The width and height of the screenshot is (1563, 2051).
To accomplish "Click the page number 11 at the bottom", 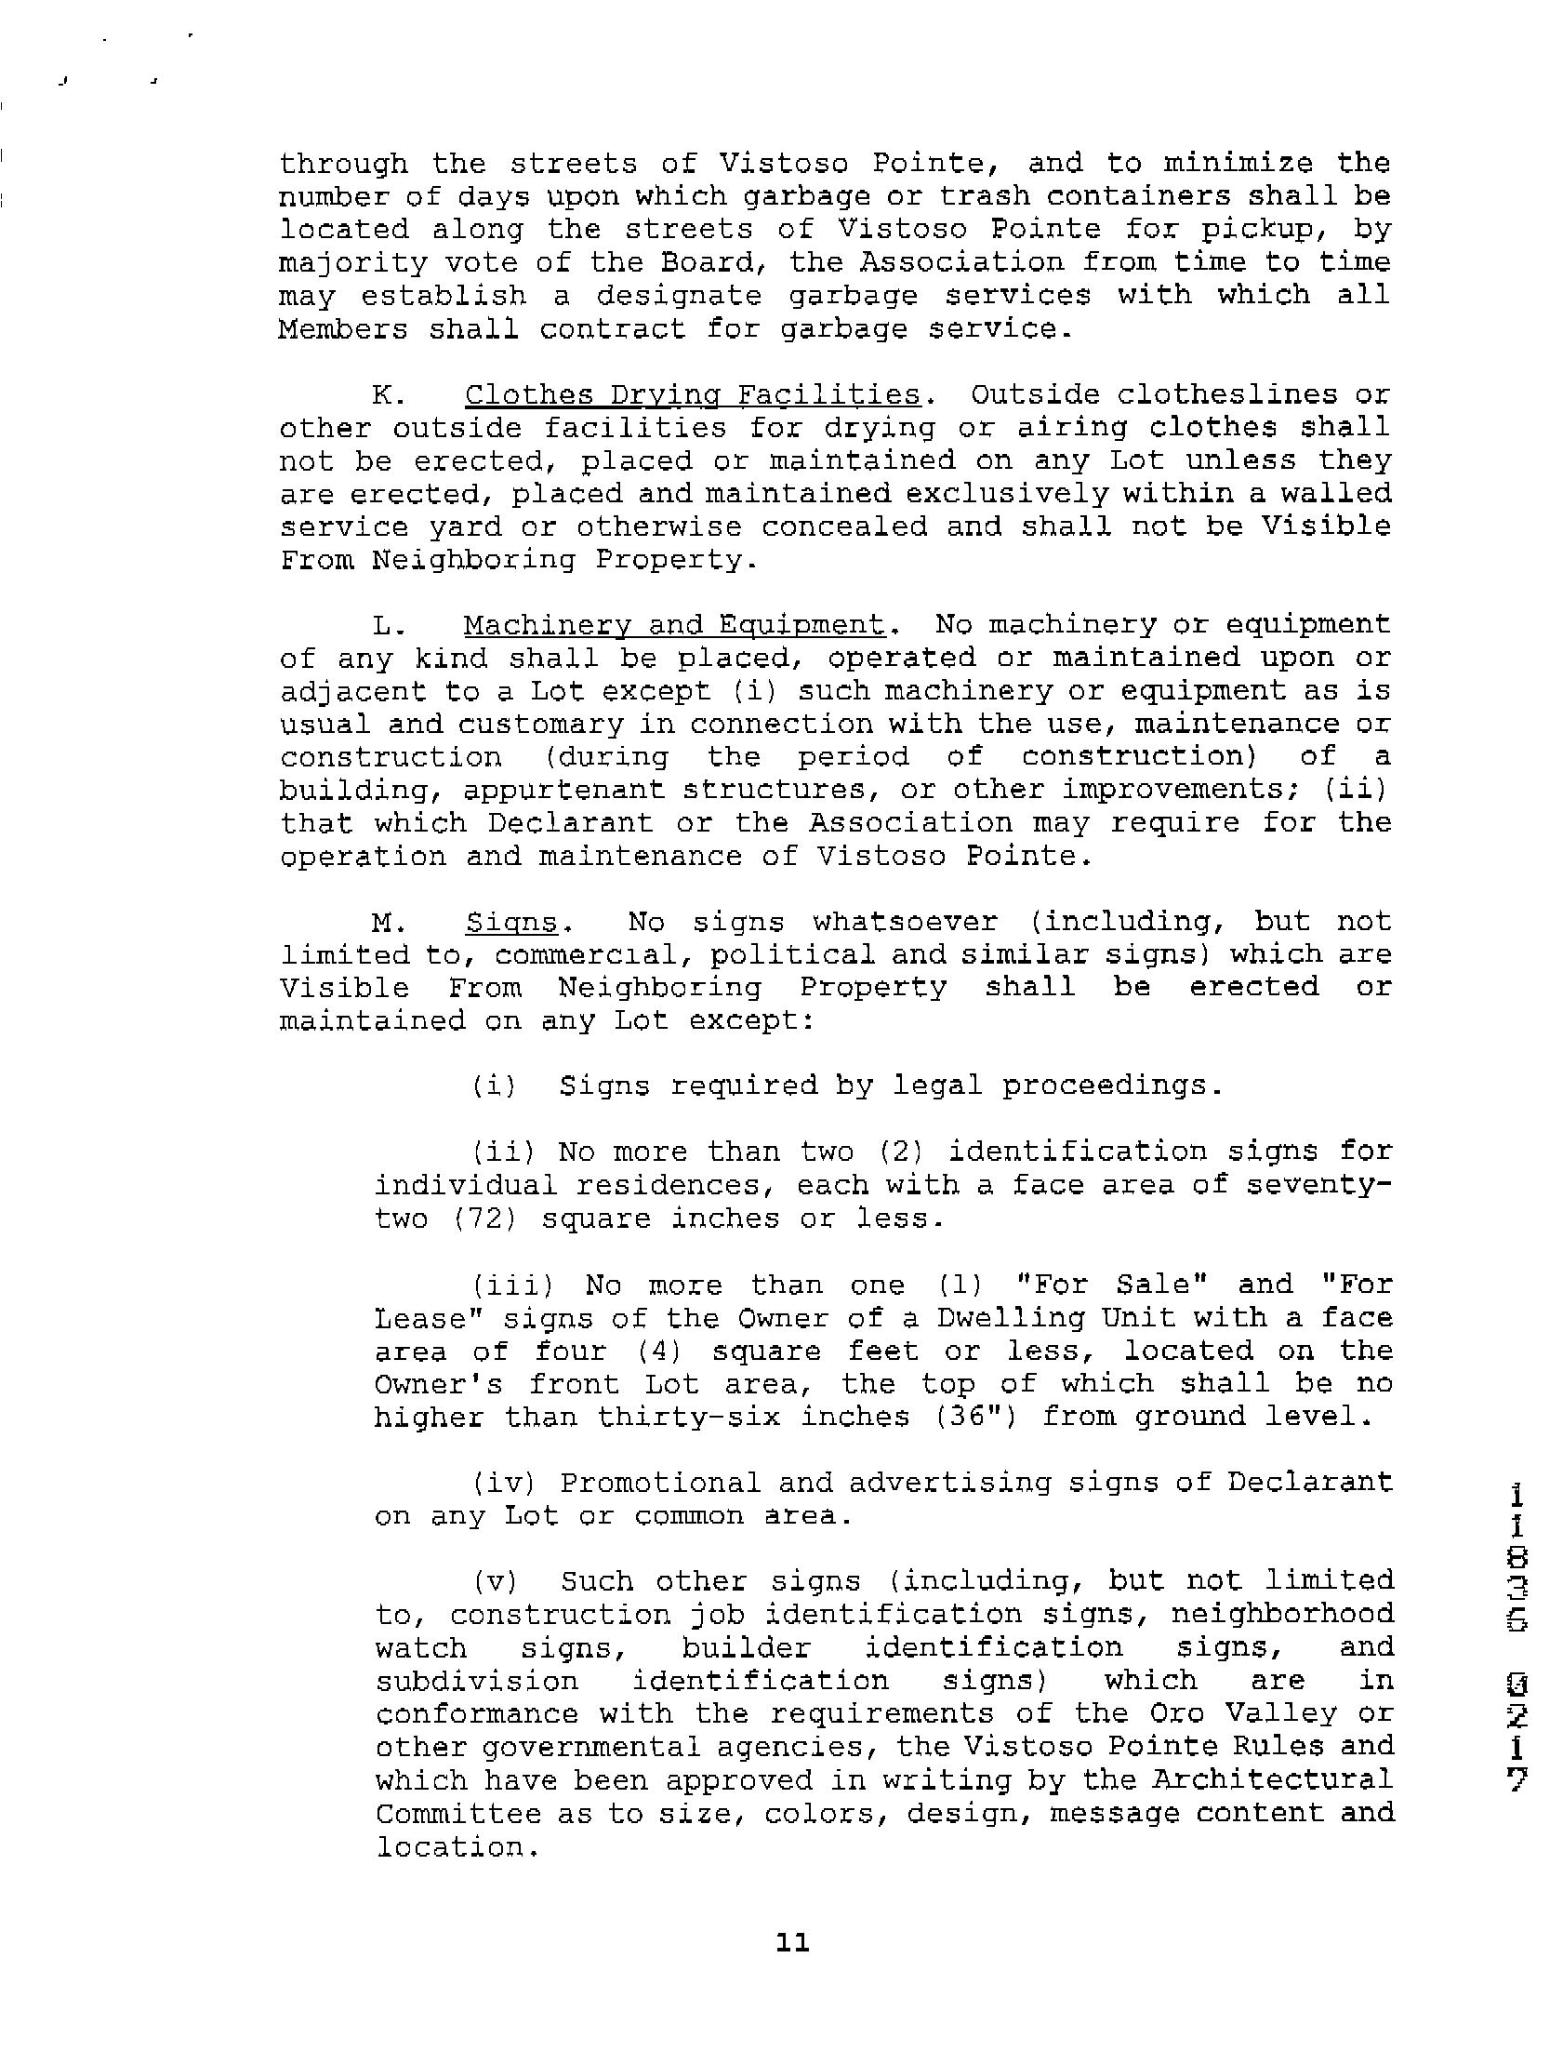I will click(792, 1942).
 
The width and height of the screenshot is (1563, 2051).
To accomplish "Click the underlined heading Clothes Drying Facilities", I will click(692, 395).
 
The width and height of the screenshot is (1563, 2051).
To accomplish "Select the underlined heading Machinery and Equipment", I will click(673, 624).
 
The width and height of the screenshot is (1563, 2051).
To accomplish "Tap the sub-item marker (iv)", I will click(501, 1483).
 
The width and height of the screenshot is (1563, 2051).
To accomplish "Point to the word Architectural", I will click(1273, 1779).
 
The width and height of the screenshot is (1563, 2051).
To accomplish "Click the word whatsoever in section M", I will click(905, 923).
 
